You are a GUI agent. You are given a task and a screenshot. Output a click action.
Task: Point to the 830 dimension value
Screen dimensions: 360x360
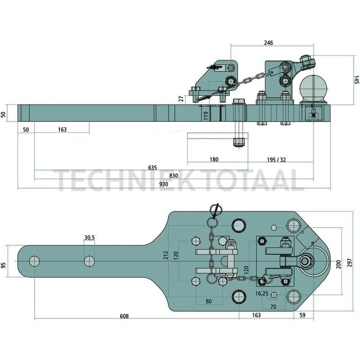173,175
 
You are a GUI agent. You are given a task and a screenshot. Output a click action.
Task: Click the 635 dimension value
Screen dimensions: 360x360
153,167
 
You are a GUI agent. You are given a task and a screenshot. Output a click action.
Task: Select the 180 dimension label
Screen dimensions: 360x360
214,160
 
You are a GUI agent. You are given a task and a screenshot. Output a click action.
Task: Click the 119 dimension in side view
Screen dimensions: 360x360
205,116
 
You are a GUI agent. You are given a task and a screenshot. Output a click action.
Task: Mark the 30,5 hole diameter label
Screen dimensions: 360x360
89,238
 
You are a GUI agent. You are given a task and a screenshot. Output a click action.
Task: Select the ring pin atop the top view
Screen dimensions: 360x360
215,209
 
